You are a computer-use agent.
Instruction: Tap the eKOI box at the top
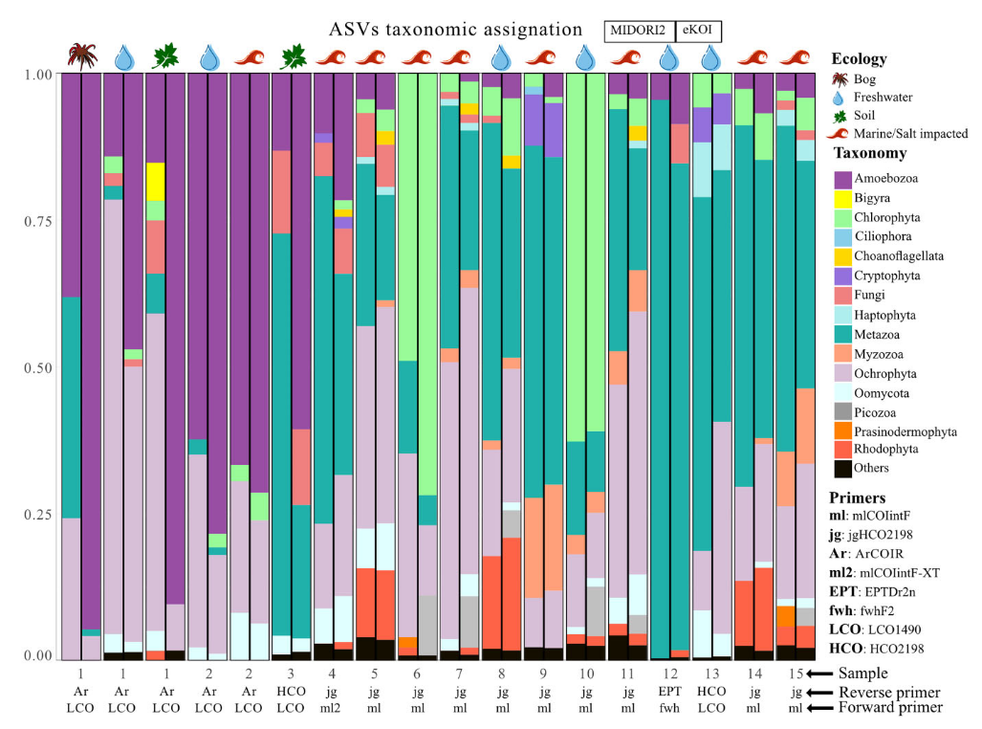(x=698, y=31)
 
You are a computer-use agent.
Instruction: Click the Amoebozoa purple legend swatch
(x=843, y=178)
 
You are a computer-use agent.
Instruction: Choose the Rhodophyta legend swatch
(x=843, y=449)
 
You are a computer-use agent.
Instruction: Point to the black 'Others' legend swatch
(x=843, y=468)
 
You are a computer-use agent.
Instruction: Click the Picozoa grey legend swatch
(x=843, y=410)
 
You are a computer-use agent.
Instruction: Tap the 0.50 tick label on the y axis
(x=37, y=367)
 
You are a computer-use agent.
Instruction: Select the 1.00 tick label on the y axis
(x=37, y=75)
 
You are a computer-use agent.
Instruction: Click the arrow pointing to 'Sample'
(x=822, y=674)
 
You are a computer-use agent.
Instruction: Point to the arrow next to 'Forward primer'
(x=822, y=708)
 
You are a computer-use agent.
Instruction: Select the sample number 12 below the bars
(x=670, y=674)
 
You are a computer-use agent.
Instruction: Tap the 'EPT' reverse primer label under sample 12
(x=670, y=691)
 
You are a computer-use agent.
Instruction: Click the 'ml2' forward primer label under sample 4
(x=333, y=708)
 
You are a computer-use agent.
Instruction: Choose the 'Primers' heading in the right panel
(x=857, y=497)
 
